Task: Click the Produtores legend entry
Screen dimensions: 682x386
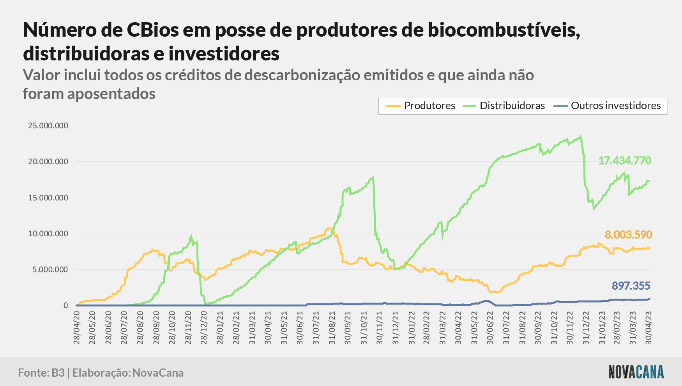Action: (x=421, y=106)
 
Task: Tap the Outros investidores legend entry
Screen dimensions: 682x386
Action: (x=607, y=106)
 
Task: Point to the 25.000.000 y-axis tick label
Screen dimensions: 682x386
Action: (x=48, y=126)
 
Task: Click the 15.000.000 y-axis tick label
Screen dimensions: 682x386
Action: (x=48, y=198)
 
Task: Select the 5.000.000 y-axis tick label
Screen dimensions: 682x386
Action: (x=50, y=269)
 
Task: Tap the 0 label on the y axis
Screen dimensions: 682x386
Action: (x=66, y=305)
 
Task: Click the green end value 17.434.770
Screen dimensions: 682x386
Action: (x=625, y=161)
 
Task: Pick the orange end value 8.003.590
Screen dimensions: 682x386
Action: (x=628, y=235)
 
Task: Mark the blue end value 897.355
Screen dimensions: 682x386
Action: (x=631, y=286)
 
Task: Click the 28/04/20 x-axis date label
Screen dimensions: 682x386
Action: (x=76, y=328)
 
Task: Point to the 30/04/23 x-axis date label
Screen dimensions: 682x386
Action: (x=648, y=328)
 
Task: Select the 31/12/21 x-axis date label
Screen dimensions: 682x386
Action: (x=396, y=328)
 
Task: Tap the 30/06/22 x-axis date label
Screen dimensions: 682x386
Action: (x=490, y=328)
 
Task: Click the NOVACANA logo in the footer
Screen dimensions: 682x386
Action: (x=636, y=372)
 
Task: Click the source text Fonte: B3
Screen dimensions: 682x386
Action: (x=41, y=373)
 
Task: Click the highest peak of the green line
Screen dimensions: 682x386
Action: (x=581, y=136)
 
